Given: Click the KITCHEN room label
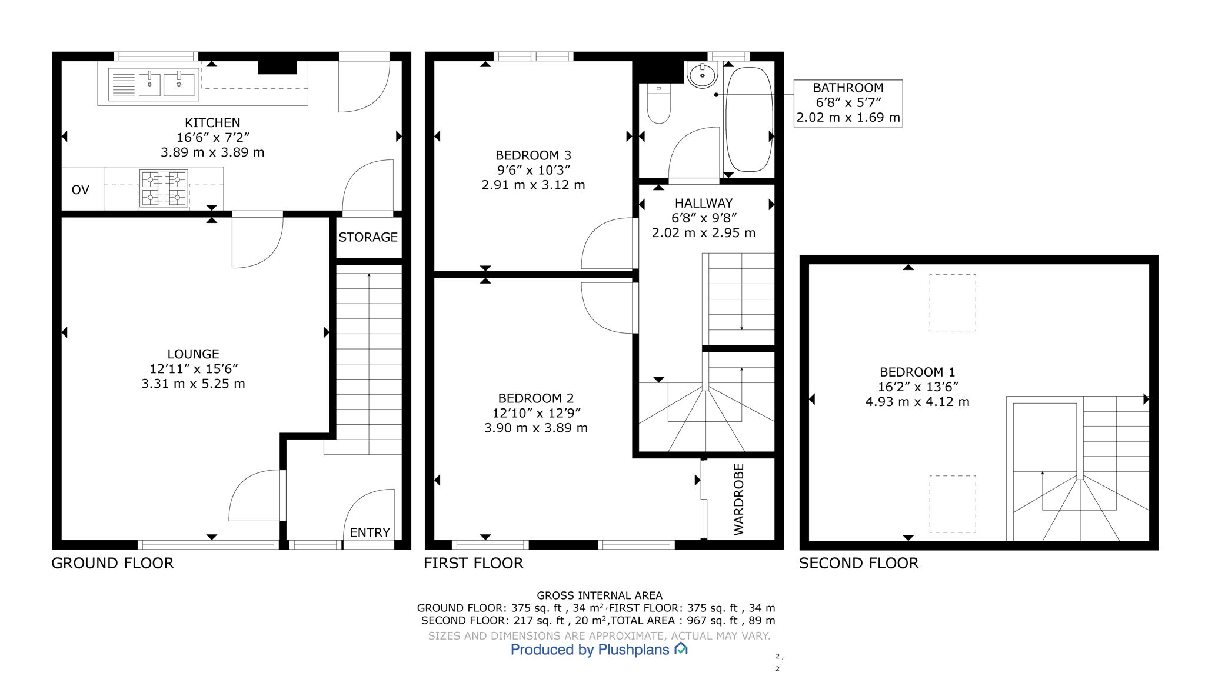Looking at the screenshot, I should click(x=212, y=123).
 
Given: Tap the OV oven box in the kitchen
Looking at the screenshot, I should click(x=81, y=189).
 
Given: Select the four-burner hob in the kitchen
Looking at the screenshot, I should click(x=164, y=188).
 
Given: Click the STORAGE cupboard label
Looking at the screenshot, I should click(x=368, y=237).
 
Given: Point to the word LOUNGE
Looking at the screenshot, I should click(x=193, y=354).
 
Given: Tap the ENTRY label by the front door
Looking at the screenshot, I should click(x=370, y=532).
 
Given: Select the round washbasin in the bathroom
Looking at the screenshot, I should click(x=702, y=75).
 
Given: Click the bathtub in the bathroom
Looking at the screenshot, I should click(x=748, y=118).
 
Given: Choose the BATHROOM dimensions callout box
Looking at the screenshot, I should click(x=848, y=103).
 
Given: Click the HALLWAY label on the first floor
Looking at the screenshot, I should click(x=703, y=203).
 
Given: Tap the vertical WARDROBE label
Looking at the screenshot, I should click(x=739, y=499).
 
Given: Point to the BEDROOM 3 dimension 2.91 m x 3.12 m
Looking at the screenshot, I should click(x=533, y=185).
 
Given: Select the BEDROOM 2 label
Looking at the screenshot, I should click(x=535, y=398).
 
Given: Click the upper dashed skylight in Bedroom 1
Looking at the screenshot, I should click(x=952, y=302).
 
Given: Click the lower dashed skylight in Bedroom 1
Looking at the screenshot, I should click(x=952, y=504).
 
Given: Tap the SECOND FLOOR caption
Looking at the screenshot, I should click(x=858, y=563).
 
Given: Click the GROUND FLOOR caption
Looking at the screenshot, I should click(x=112, y=563).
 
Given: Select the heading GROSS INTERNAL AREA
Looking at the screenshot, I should click(x=599, y=595).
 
